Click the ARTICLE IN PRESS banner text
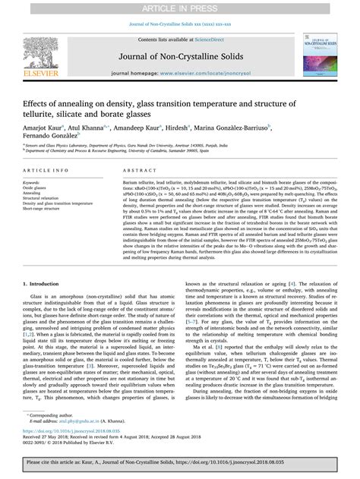180,7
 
